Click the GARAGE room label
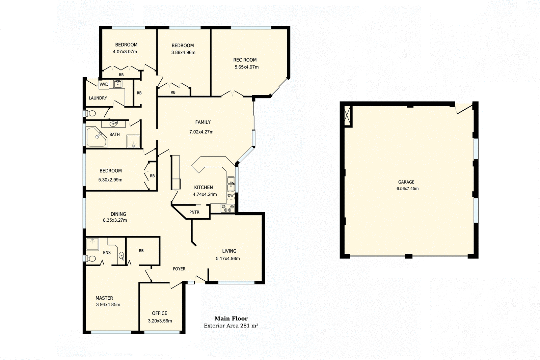pyautogui.click(x=406, y=182)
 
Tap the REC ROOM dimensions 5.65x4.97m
pyautogui.click(x=246, y=67)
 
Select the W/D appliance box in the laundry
pyautogui.click(x=104, y=84)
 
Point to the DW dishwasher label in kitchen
pyautogui.click(x=231, y=195)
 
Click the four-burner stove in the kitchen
pyautogui.click(x=227, y=209)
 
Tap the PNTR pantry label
pyautogui.click(x=194, y=212)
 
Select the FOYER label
pyautogui.click(x=179, y=269)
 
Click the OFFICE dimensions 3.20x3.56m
pyautogui.click(x=160, y=321)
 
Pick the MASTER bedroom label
pyautogui.click(x=104, y=298)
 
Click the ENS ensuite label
pyautogui.click(x=107, y=252)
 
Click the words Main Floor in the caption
pyautogui.click(x=231, y=318)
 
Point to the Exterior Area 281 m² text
pyautogui.click(x=231, y=326)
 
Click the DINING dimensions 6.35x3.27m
pyautogui.click(x=115, y=220)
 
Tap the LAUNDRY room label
pyautogui.click(x=98, y=98)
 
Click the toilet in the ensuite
pyautogui.click(x=90, y=259)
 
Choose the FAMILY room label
pyautogui.click(x=202, y=122)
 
